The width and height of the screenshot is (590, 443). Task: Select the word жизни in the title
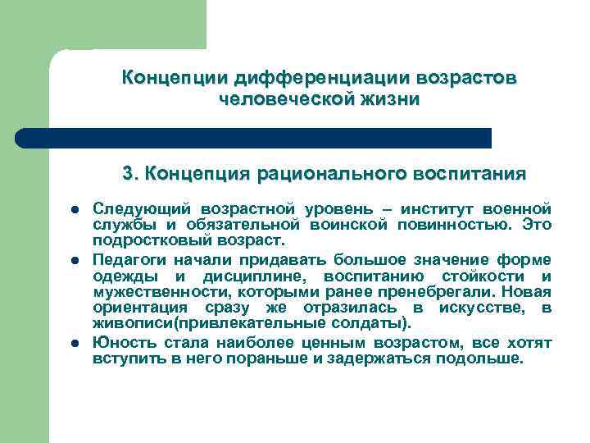pyautogui.click(x=386, y=99)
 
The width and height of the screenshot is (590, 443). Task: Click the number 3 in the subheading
pyautogui.click(x=127, y=174)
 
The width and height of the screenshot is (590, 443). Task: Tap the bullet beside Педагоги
pyautogui.click(x=75, y=259)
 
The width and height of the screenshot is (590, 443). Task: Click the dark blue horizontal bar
pyautogui.click(x=254, y=138)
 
